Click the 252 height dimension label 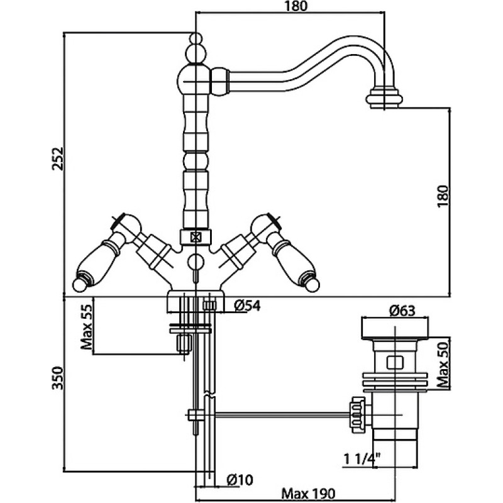58,158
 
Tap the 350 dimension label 58,378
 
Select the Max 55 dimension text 86,326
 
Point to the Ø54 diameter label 247,306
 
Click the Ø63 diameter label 402,311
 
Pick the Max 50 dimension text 443,364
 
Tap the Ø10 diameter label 240,480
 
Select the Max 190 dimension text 308,493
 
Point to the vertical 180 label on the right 443,196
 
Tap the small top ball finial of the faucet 196,38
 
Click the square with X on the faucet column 195,238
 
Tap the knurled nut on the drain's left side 357,415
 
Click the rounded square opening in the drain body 395,362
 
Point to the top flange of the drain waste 395,328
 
